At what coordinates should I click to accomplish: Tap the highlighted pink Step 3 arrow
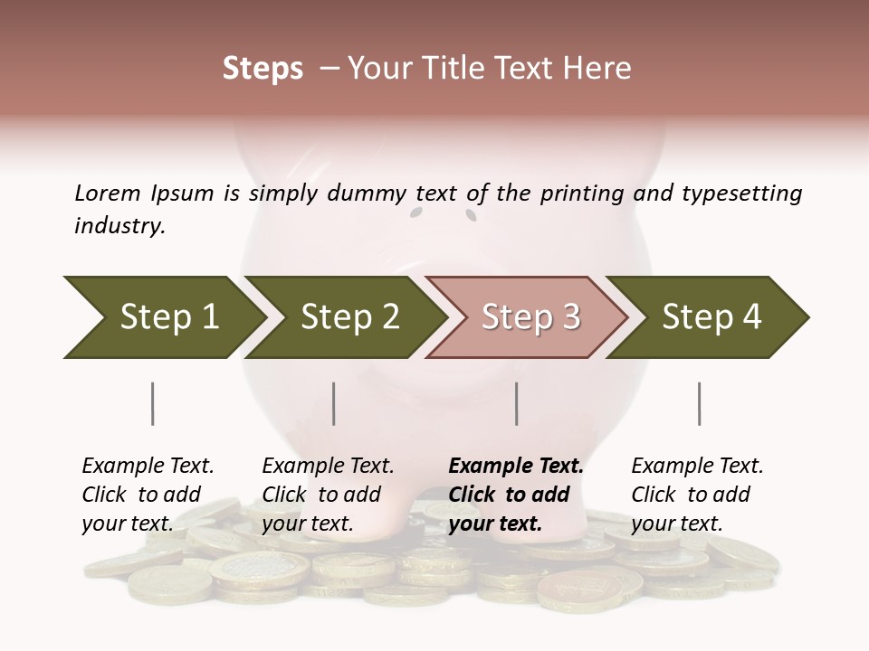530,317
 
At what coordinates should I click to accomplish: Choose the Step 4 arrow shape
711,317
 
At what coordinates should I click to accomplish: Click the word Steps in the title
263,69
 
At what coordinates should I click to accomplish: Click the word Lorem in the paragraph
107,193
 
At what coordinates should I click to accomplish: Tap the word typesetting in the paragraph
742,193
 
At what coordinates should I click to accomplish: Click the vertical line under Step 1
152,403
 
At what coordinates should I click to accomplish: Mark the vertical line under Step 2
334,403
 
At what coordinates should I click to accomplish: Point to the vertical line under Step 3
516,403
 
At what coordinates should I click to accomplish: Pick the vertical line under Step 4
699,403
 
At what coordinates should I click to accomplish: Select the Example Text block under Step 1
148,495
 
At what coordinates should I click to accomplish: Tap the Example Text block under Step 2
328,495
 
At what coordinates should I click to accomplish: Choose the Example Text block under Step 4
697,495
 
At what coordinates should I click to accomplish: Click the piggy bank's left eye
416,213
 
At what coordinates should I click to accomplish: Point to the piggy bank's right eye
471,214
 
